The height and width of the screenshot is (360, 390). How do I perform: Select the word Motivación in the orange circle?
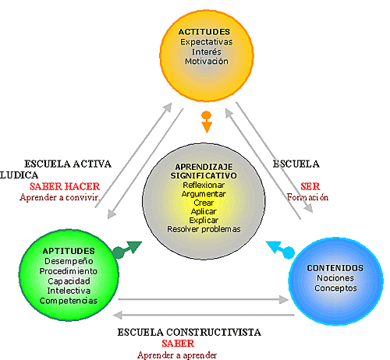206,61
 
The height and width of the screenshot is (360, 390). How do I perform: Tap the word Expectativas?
206,41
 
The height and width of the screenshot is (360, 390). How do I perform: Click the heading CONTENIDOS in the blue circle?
335,268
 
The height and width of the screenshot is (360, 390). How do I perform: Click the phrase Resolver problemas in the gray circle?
204,229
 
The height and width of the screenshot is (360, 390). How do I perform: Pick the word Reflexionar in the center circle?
204,185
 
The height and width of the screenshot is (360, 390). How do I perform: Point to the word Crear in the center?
204,203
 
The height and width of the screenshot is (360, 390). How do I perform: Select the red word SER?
307,187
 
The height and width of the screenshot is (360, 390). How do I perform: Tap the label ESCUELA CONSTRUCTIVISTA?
189,333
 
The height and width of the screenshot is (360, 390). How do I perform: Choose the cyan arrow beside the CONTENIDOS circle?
280,249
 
